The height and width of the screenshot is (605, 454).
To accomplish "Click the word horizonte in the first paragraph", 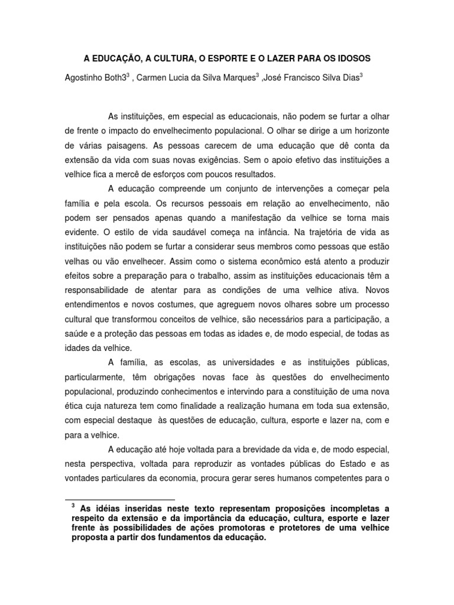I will [367, 129].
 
